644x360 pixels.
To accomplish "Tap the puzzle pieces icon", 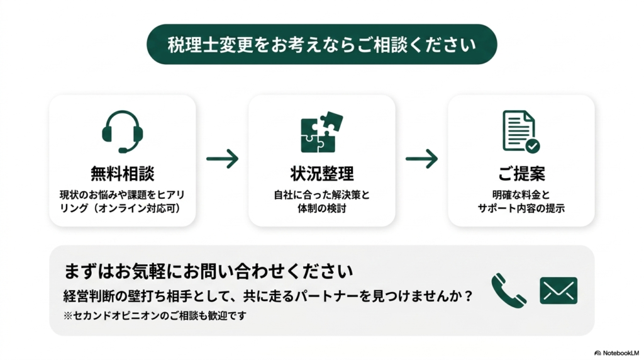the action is [x=321, y=132].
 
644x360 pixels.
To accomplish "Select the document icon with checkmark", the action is [x=521, y=132].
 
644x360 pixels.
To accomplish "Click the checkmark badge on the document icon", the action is [x=533, y=146].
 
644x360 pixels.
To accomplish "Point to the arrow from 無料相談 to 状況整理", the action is [x=222, y=159].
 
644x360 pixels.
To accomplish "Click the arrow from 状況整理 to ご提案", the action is [x=422, y=159].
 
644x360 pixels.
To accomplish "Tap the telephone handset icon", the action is [x=508, y=291].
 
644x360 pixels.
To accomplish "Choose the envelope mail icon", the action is [x=558, y=291].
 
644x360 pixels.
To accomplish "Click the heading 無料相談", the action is [x=123, y=174].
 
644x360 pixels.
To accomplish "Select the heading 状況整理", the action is [x=322, y=174].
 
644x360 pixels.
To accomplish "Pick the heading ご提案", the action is [x=521, y=174].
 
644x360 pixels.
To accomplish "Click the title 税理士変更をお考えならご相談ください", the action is [x=321, y=45].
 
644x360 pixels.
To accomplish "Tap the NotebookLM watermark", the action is [x=616, y=353].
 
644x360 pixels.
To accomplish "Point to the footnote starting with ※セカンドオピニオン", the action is [x=155, y=315].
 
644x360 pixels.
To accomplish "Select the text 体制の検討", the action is [x=322, y=208].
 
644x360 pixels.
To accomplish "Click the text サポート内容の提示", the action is [x=521, y=208].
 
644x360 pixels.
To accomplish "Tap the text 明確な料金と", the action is [x=521, y=195].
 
